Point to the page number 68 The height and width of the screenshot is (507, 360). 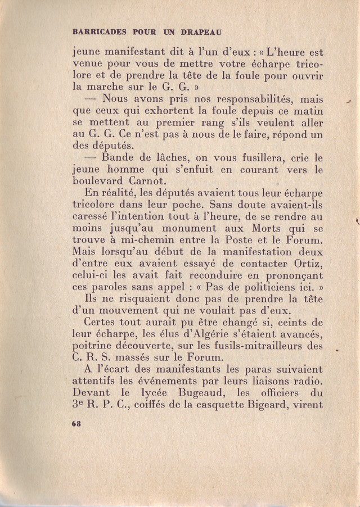pyautogui.click(x=77, y=424)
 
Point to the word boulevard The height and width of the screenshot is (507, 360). pyautogui.click(x=98, y=182)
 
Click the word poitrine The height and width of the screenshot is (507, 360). pyautogui.click(x=94, y=347)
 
